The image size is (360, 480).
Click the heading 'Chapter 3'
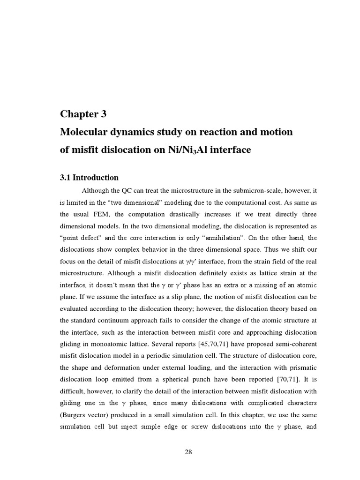[84, 114]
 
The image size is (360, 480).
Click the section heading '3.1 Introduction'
[89, 178]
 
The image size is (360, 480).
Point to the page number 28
[188, 452]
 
